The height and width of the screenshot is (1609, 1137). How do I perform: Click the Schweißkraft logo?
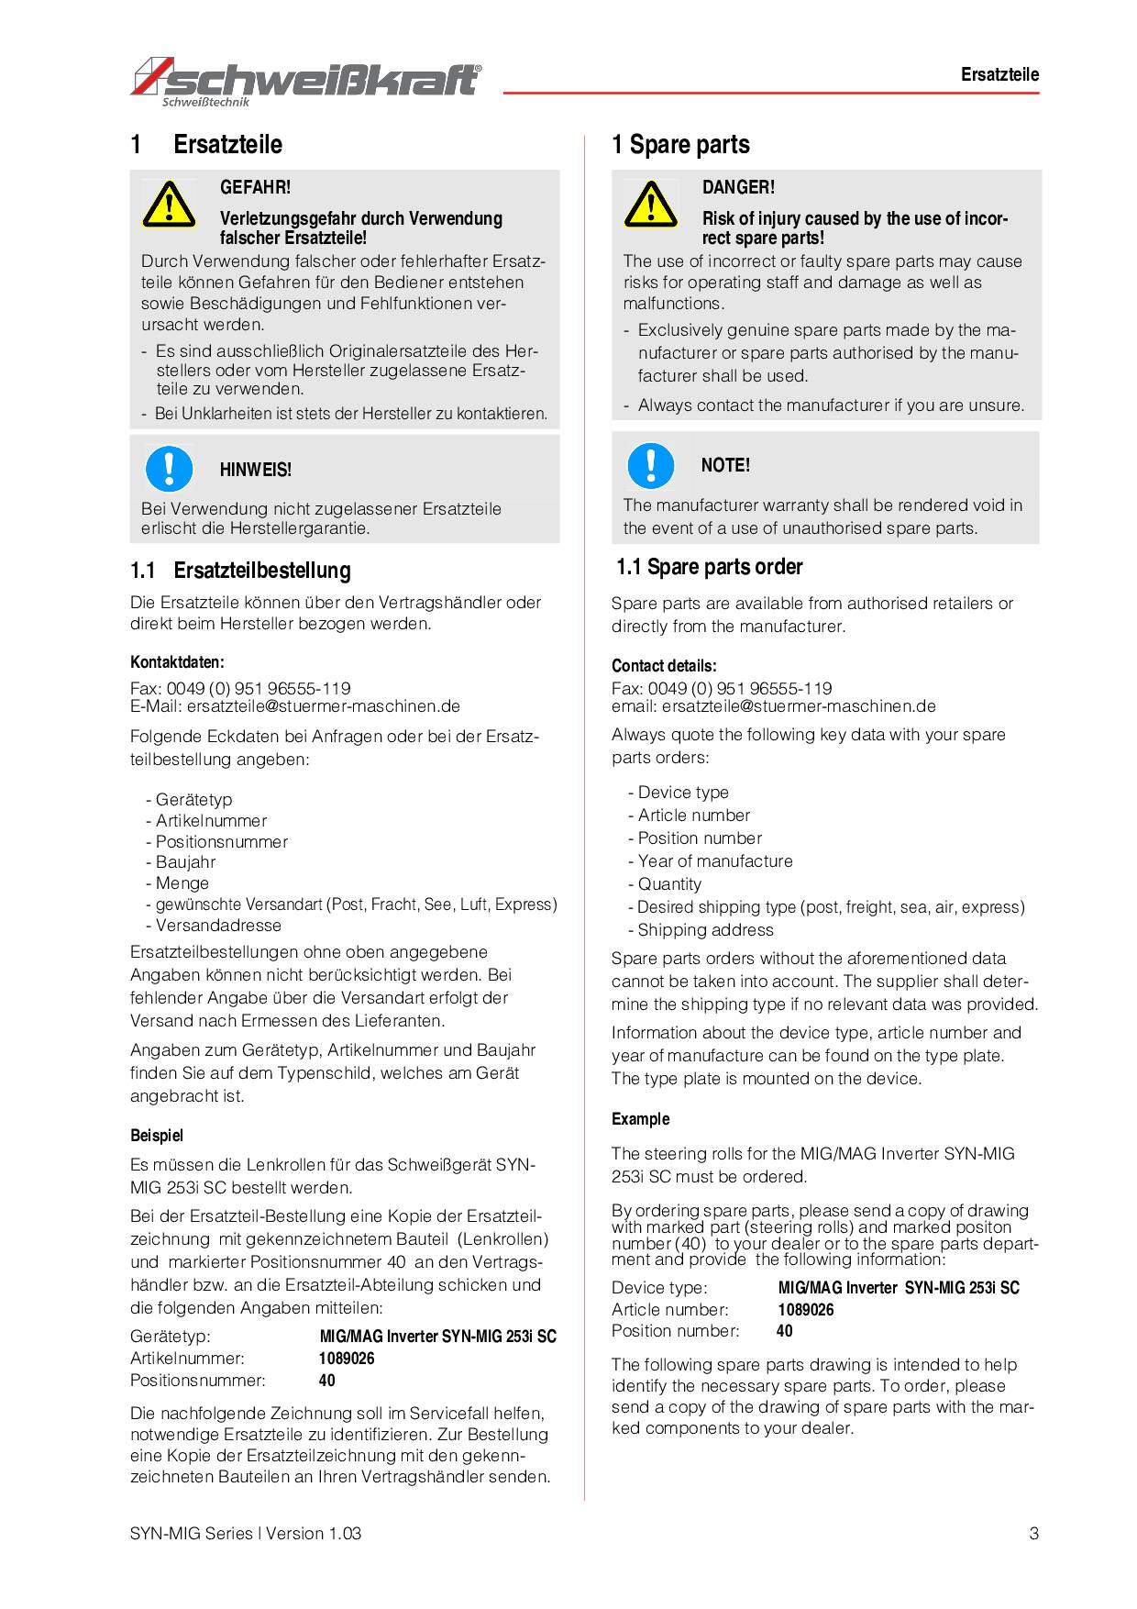point(305,81)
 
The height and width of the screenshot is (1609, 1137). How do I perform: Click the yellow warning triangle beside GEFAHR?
point(169,205)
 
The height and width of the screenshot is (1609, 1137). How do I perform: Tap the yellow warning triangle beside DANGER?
point(650,205)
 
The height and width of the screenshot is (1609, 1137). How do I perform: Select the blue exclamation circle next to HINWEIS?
point(169,468)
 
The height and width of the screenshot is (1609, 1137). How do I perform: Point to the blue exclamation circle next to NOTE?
point(650,464)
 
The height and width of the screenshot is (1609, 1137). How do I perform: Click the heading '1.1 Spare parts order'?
point(709,567)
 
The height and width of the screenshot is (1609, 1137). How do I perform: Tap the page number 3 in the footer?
point(1033,1533)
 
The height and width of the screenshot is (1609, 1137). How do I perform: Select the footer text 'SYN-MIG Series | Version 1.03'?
point(246,1533)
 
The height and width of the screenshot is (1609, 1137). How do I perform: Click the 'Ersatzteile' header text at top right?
point(999,75)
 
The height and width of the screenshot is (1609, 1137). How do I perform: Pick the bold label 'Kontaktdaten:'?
point(177,662)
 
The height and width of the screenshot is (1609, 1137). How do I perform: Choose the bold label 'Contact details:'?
point(664,666)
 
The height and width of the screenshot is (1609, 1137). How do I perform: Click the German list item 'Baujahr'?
point(185,862)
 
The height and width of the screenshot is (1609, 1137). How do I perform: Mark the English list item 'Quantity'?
point(669,884)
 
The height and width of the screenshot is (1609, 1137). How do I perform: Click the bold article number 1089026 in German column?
point(347,1359)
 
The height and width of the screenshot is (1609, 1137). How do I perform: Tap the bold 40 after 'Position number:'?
point(785,1331)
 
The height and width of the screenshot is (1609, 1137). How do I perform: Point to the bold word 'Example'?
point(640,1119)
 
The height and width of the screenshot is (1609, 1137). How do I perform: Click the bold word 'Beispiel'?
point(157,1136)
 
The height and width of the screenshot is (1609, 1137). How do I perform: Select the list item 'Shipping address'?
point(705,930)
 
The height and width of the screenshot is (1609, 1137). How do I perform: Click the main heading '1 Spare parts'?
point(680,145)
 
